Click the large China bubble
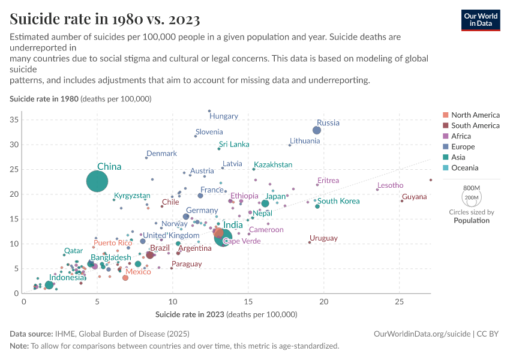click(97, 181)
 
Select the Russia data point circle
click(317, 130)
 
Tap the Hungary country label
click(224, 116)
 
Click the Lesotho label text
click(390, 185)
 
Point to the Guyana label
click(415, 197)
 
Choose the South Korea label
click(338, 201)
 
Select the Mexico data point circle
click(125, 278)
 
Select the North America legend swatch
click(445, 115)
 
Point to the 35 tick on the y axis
click(14, 120)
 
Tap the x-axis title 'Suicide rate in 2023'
click(226, 314)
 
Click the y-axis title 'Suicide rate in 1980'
click(80, 98)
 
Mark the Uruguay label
click(323, 238)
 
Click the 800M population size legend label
click(472, 188)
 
